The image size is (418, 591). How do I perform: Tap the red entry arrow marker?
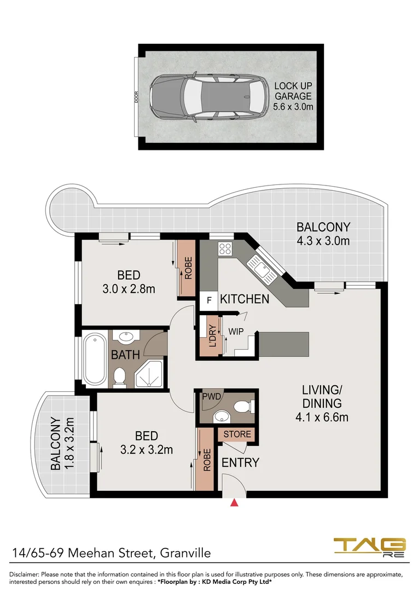click(235, 502)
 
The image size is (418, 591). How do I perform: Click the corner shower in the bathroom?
click(149, 373)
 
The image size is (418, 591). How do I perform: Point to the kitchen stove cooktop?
click(225, 248)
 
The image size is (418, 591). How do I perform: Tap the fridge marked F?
click(208, 300)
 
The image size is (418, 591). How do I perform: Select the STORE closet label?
click(237, 434)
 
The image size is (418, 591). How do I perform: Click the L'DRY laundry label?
click(213, 336)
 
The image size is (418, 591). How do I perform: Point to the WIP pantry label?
click(236, 332)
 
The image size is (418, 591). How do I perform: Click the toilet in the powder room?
click(243, 407)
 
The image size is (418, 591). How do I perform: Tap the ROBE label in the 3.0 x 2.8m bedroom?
click(188, 268)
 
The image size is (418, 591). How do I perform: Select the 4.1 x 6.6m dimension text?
click(322, 417)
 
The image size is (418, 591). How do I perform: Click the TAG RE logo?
click(369, 548)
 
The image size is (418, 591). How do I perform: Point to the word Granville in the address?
click(185, 553)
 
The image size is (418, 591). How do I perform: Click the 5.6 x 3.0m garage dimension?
click(293, 107)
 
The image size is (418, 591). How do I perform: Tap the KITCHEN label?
click(245, 299)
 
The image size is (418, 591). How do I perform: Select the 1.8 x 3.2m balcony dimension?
click(69, 443)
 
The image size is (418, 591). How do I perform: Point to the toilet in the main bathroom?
click(120, 377)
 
